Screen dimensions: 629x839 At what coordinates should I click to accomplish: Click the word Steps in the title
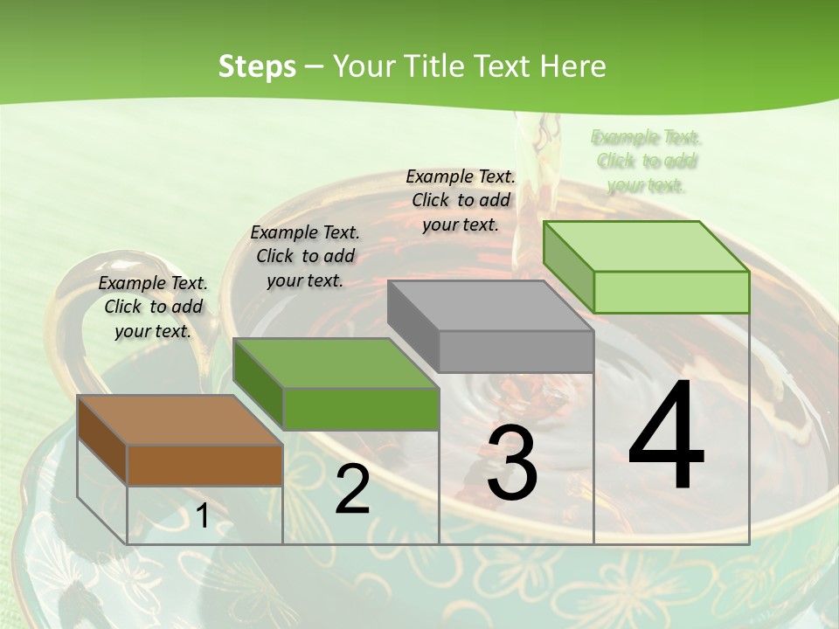click(x=257, y=66)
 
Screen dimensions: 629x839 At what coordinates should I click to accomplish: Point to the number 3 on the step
click(x=512, y=463)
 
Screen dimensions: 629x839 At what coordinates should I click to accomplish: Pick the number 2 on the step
click(x=352, y=489)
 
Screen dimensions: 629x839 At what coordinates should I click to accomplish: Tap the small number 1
click(x=203, y=516)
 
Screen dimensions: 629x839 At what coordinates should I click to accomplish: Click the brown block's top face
click(x=179, y=420)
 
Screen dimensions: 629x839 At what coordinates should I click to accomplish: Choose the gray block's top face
click(x=489, y=306)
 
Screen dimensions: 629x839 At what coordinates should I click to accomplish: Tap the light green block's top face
click(x=645, y=246)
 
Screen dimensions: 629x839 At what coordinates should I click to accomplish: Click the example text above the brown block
click(x=153, y=307)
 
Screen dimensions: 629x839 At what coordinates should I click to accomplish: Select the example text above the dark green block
click(x=305, y=256)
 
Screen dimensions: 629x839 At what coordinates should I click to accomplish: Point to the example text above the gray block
click(x=461, y=200)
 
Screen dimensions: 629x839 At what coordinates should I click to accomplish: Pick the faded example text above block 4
click(x=646, y=161)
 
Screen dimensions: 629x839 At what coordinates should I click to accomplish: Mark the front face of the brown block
click(x=205, y=466)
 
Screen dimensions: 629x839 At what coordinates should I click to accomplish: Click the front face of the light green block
click(x=671, y=292)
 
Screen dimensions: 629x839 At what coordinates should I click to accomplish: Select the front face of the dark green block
click(x=361, y=409)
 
